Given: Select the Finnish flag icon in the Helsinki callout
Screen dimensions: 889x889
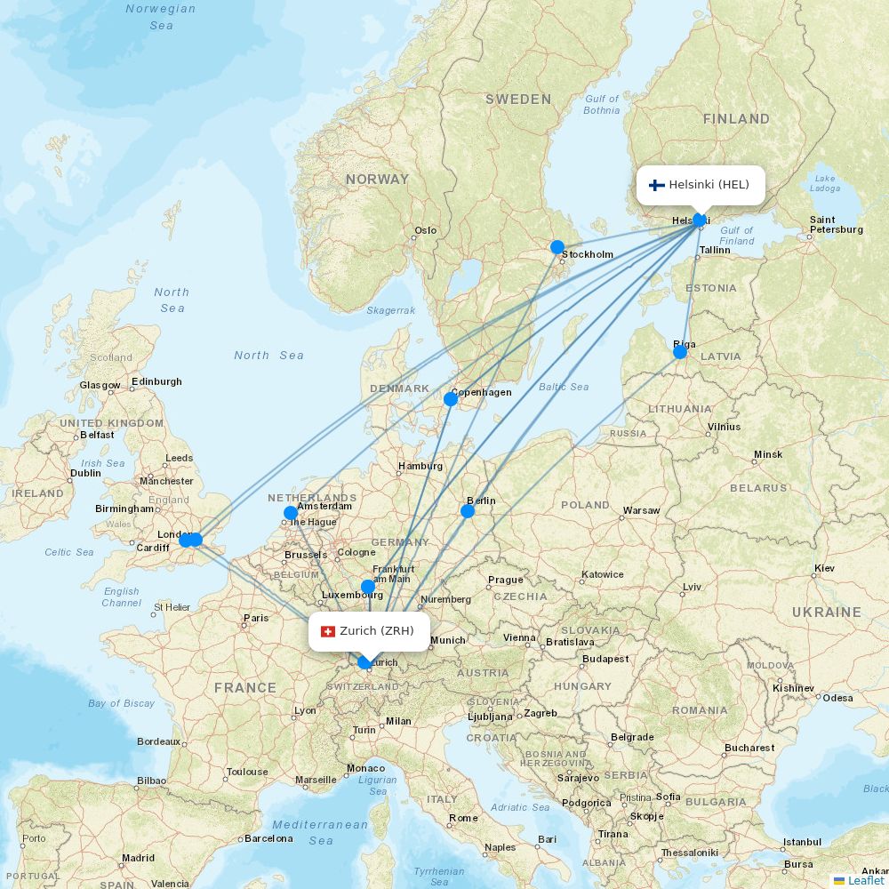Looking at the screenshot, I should tap(657, 185).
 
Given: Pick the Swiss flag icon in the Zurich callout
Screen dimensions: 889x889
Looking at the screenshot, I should tap(327, 631).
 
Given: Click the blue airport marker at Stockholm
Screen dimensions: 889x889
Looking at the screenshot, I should tap(557, 247).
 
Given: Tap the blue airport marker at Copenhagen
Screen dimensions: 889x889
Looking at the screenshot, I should tap(451, 399).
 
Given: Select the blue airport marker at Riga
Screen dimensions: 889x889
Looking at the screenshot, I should tap(680, 352).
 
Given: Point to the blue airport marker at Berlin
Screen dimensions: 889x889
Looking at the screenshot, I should tap(468, 511).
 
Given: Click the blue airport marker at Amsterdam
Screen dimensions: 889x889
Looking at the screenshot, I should tap(291, 513).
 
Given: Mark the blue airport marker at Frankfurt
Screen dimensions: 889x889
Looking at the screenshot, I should tap(368, 586).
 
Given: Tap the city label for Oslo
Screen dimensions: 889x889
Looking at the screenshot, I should tap(426, 230).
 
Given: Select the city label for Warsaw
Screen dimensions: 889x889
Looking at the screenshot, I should tap(641, 511).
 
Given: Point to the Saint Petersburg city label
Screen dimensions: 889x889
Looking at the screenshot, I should tap(836, 225).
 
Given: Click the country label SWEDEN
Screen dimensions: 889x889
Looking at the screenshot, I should tap(518, 100).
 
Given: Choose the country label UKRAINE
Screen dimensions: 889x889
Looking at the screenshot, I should tap(827, 613).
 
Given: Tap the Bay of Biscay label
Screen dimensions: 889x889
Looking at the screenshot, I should tap(122, 703).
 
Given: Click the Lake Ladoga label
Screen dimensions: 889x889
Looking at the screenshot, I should tap(826, 183).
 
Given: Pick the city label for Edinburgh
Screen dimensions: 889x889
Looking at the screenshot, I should tap(156, 382).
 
